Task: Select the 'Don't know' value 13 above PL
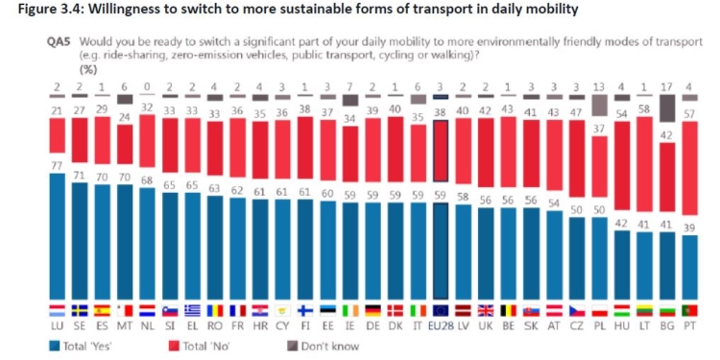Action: coord(599,85)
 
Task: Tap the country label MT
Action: coord(124,325)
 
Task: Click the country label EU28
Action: coord(441,325)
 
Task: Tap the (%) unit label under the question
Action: coord(86,68)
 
